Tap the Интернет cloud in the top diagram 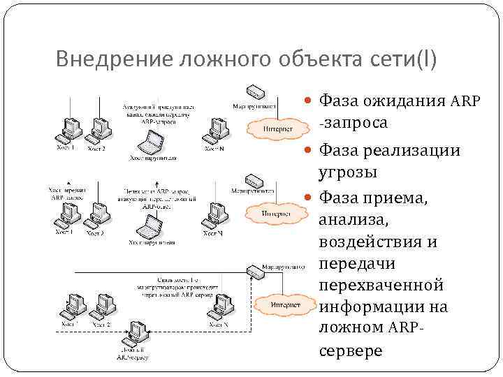point(278,128)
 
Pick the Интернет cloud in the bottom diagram point(285,305)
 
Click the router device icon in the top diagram point(254,91)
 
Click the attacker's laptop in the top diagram point(152,145)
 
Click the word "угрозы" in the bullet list point(349,172)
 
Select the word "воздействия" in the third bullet point(377,242)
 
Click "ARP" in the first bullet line point(465,101)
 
